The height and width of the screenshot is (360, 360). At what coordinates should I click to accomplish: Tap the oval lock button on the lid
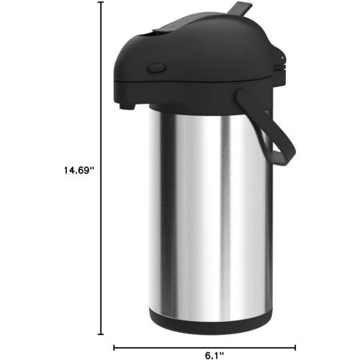pos(156,70)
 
